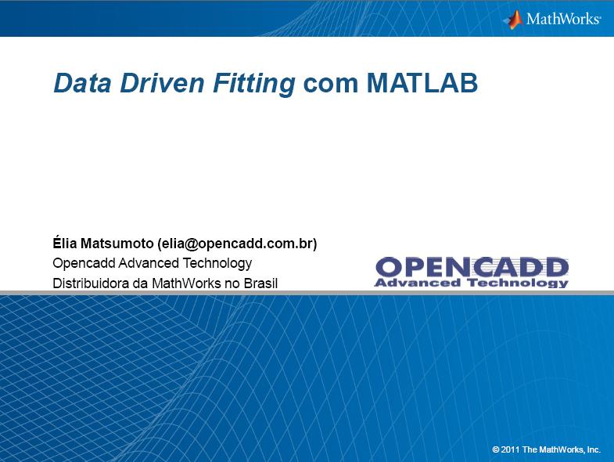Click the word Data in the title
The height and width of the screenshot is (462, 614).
pyautogui.click(x=82, y=83)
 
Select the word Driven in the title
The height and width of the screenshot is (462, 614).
pyautogui.click(x=162, y=83)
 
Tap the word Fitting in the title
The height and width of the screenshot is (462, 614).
pyautogui.click(x=254, y=84)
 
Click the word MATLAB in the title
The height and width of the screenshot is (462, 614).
pyautogui.click(x=422, y=83)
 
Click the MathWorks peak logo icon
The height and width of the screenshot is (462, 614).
pyautogui.click(x=513, y=20)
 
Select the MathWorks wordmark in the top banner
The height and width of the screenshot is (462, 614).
pyautogui.click(x=563, y=19)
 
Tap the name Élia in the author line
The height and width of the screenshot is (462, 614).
pyautogui.click(x=65, y=243)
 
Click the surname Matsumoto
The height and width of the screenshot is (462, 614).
pyautogui.click(x=117, y=244)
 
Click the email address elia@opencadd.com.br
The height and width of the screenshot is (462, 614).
pyautogui.click(x=237, y=244)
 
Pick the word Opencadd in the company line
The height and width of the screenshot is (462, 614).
pyautogui.click(x=84, y=263)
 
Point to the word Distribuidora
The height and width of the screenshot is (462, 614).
pyautogui.click(x=91, y=283)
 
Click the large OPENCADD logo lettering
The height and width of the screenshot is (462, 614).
pyautogui.click(x=472, y=267)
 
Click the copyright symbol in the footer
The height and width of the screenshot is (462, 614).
pyautogui.click(x=496, y=449)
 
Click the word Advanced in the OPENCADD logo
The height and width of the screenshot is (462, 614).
pyautogui.click(x=418, y=283)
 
